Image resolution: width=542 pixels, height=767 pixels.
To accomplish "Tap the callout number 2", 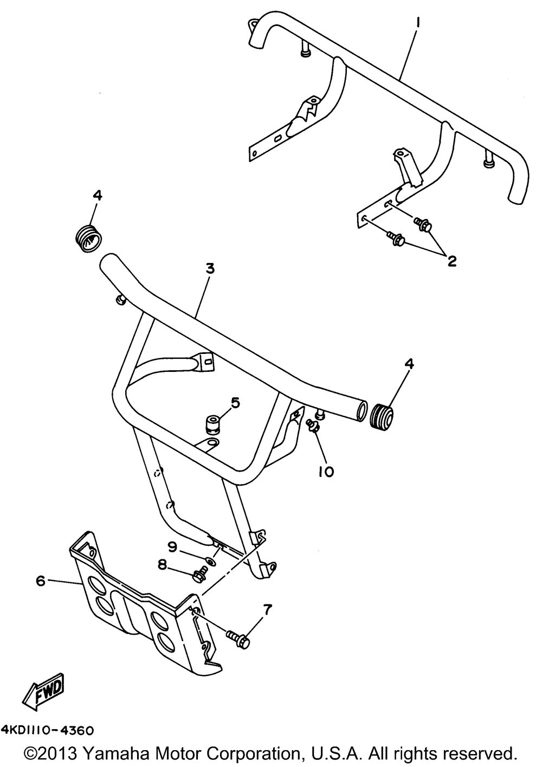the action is coord(451,262).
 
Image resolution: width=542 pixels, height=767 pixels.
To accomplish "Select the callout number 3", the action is coord(210,268).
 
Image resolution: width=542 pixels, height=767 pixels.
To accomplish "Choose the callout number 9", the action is coord(172,547).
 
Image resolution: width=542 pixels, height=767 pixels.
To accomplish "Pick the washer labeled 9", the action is coord(210,562).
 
